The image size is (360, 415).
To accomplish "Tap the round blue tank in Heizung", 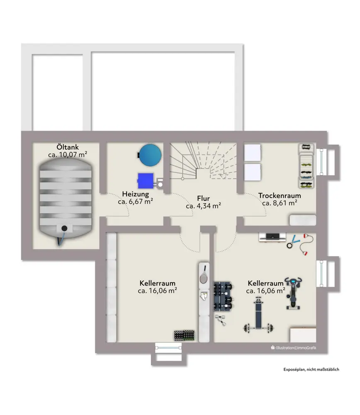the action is click(x=150, y=154).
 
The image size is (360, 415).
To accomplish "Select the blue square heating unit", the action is click(x=145, y=180).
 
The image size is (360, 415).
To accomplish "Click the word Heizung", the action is click(x=135, y=194).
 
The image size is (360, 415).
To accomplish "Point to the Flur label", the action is click(x=203, y=198).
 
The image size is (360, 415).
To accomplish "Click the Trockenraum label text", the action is click(x=280, y=195).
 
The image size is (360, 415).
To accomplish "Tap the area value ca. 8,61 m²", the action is click(x=280, y=203).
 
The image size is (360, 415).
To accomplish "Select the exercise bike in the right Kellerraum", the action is click(x=294, y=293).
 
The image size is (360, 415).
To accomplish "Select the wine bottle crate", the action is click(x=184, y=335).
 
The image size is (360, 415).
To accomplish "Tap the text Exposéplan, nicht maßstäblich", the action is click(x=311, y=369).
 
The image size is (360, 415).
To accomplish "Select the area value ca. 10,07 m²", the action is click(x=68, y=155).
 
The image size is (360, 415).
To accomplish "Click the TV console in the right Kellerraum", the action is click(x=272, y=237).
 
